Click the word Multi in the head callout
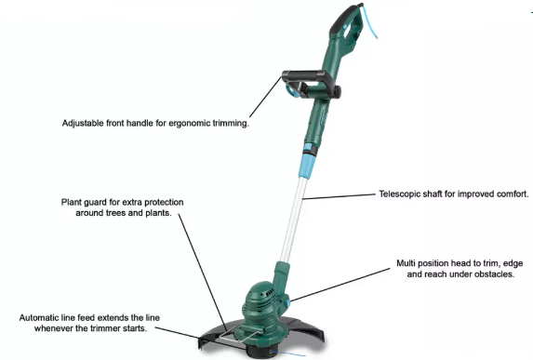(406, 263)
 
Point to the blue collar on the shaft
(308, 166)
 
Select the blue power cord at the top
(369, 21)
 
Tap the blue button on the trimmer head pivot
(287, 302)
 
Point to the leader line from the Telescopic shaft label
(339, 196)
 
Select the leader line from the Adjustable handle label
(265, 97)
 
